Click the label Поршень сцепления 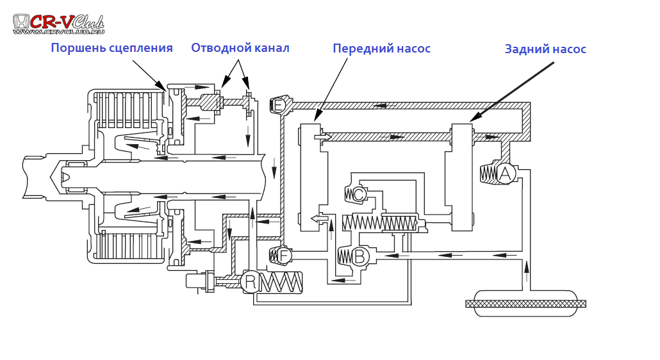click(x=111, y=48)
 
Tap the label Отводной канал click(x=240, y=48)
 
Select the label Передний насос click(x=381, y=49)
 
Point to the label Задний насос click(x=545, y=49)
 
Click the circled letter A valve click(x=506, y=173)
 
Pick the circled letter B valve click(x=359, y=257)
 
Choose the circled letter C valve click(x=359, y=194)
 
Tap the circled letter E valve click(x=279, y=105)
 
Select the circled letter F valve click(x=284, y=256)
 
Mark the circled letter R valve click(x=251, y=281)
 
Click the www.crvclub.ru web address click(x=58, y=31)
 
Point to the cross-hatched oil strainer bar click(x=525, y=304)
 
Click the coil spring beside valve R click(x=281, y=282)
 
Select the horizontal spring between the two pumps click(x=380, y=223)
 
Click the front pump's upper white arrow click(x=322, y=137)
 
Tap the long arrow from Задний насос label click(x=513, y=90)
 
